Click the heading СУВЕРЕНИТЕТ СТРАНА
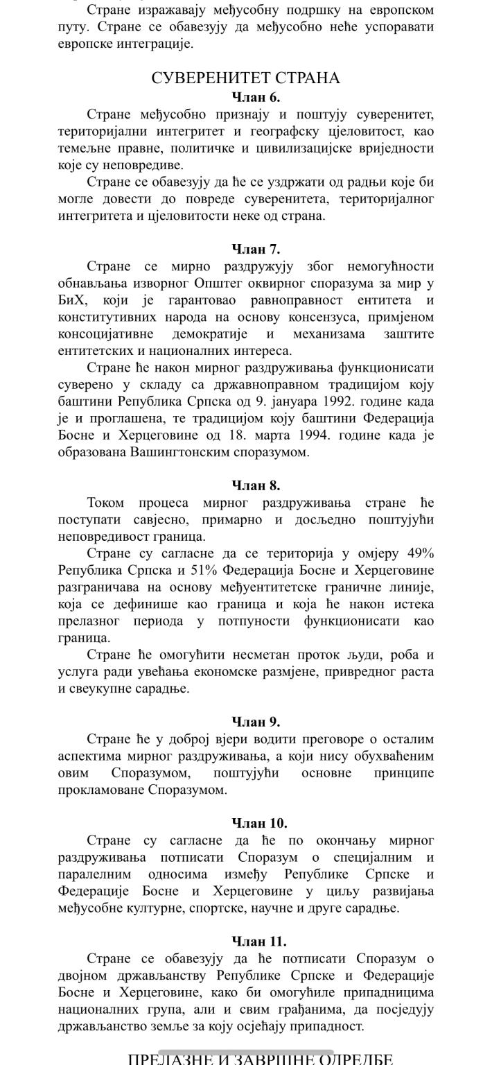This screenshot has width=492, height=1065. click(x=246, y=78)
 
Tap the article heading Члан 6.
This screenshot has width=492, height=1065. click(x=246, y=97)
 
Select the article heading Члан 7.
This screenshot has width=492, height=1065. click(x=246, y=250)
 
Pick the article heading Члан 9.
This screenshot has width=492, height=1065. click(x=246, y=722)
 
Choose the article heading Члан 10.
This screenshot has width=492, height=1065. click(x=246, y=823)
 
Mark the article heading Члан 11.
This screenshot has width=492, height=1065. click(x=246, y=941)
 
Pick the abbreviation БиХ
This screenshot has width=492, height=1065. click(x=71, y=300)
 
